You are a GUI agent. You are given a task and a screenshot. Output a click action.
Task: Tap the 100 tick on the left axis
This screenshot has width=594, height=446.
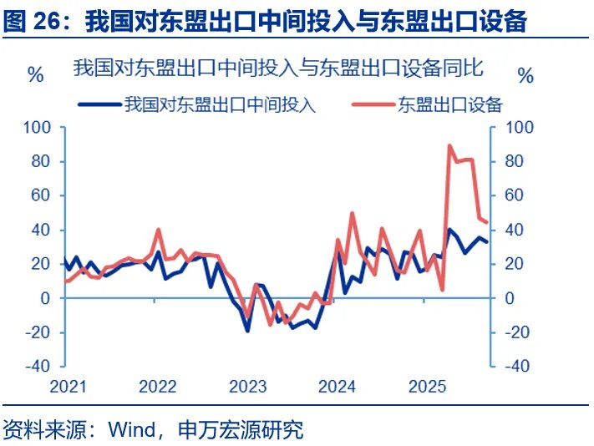point(39,127)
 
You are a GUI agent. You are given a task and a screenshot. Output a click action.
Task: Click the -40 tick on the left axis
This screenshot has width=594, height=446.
point(39,366)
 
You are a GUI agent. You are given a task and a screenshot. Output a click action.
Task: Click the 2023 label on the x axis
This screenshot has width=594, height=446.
point(248,387)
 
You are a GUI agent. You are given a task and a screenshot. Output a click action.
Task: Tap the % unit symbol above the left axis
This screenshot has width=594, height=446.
point(35,75)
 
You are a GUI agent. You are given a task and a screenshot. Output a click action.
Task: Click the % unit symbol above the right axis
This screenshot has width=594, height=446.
point(525,76)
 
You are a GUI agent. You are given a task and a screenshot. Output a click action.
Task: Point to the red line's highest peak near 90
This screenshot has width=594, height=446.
point(450,145)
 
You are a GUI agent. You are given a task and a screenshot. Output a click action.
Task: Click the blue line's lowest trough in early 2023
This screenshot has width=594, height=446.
point(247,331)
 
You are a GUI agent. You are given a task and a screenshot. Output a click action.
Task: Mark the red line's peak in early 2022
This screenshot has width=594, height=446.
point(158,230)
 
